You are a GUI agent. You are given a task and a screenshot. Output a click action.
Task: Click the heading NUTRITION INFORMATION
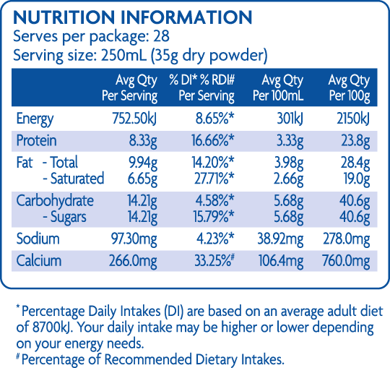pos(133,18)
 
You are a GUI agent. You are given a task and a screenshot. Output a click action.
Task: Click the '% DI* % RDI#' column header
pos(202,87)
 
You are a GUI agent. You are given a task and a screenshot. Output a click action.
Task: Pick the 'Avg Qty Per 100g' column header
pos(349,87)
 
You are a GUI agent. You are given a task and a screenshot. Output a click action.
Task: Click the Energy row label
pos(34,119)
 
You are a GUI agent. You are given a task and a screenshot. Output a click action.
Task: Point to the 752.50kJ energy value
pos(130,119)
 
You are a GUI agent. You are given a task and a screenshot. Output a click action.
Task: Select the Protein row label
pos(36,141)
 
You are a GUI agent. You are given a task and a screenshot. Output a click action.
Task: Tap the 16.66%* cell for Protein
pos(209,141)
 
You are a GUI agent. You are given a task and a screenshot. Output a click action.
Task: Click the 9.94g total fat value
pos(141,163)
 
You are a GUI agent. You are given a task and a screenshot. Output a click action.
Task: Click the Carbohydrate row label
pos(55,200)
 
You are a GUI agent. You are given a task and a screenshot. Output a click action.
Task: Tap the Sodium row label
pos(38,239)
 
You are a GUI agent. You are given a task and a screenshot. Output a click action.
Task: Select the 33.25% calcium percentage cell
pos(209,260)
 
